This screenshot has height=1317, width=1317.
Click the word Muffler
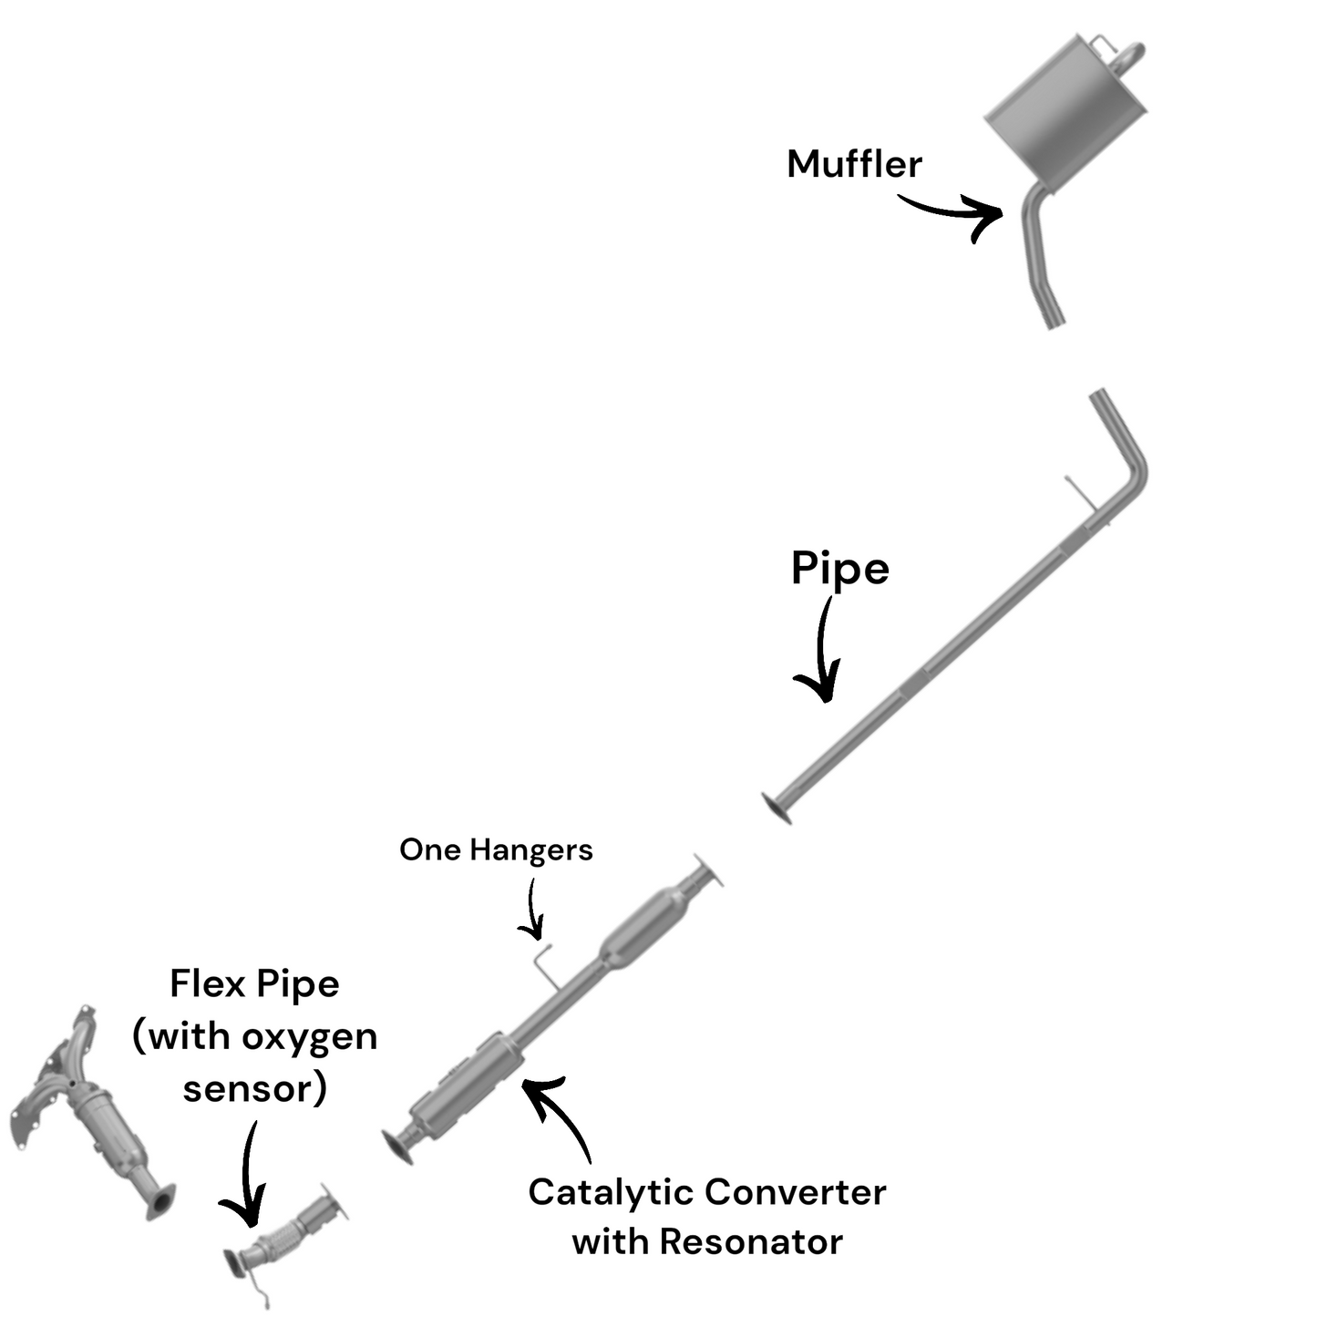(853, 164)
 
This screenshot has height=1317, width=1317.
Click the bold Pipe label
(839, 569)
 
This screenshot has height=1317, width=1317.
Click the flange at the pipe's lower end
(777, 808)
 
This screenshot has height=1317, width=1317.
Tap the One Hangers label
(496, 849)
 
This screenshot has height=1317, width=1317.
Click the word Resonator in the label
(751, 1241)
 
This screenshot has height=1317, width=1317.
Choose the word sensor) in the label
(254, 1088)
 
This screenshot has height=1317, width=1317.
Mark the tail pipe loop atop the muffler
(1128, 55)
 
